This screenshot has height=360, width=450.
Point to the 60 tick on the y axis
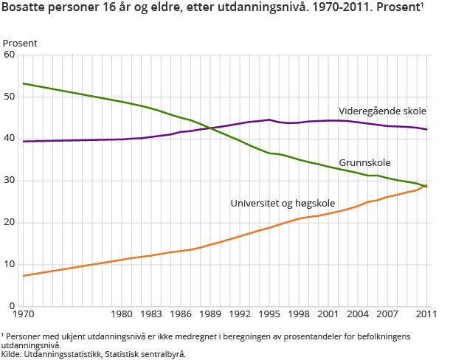coord(10,55)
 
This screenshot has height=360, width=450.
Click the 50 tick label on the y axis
coord(10,97)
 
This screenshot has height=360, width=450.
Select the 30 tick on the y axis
coord(10,181)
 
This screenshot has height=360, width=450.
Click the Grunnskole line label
coord(364,162)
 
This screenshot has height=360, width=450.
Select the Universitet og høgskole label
coord(283,203)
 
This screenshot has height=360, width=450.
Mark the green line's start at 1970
coord(24,83)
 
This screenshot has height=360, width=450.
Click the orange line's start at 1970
coord(24,275)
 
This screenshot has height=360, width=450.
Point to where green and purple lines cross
coord(211,128)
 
